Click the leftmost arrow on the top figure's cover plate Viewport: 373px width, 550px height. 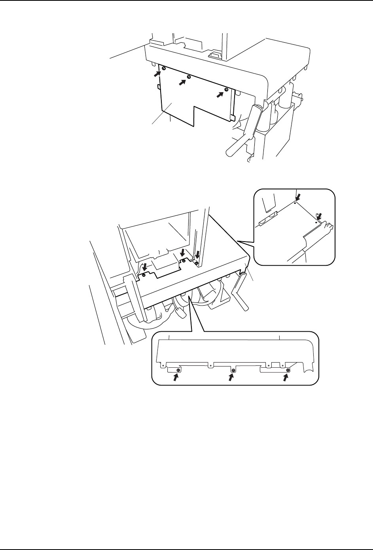pyautogui.click(x=158, y=73)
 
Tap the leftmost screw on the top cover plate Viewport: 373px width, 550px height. pyautogui.click(x=164, y=69)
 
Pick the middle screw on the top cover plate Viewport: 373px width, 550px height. pyautogui.click(x=189, y=77)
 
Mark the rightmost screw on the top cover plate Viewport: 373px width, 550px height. pyautogui.click(x=226, y=90)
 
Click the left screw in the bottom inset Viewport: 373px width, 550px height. pyautogui.click(x=179, y=370)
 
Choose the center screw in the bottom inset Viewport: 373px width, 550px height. pyautogui.click(x=233, y=370)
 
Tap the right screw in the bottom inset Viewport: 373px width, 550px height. pyautogui.click(x=288, y=370)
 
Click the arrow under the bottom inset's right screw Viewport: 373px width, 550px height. pyautogui.click(x=285, y=378)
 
